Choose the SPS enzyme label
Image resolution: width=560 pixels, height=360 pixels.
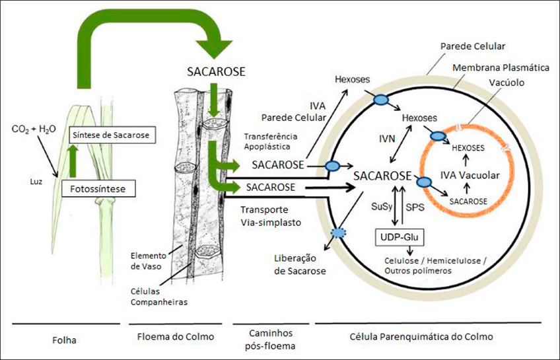tap(414, 207)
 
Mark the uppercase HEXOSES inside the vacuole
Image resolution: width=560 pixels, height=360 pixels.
tap(468, 149)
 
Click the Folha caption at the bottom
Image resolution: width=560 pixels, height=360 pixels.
tap(64, 340)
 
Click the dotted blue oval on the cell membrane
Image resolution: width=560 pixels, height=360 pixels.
tap(339, 233)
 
